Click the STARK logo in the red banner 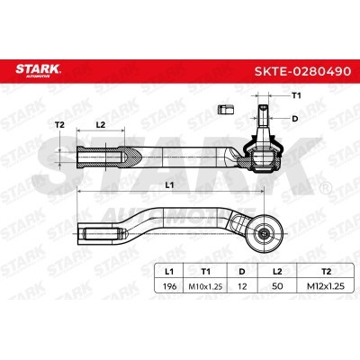pos(38,71)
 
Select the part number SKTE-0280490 pos(302,71)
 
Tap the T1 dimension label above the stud pos(296,95)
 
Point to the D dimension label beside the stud pos(295,119)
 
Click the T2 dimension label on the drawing pos(59,125)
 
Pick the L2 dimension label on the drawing pos(101,125)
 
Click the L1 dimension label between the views pos(170,185)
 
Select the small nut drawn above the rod pos(225,110)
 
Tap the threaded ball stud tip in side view pos(263,115)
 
